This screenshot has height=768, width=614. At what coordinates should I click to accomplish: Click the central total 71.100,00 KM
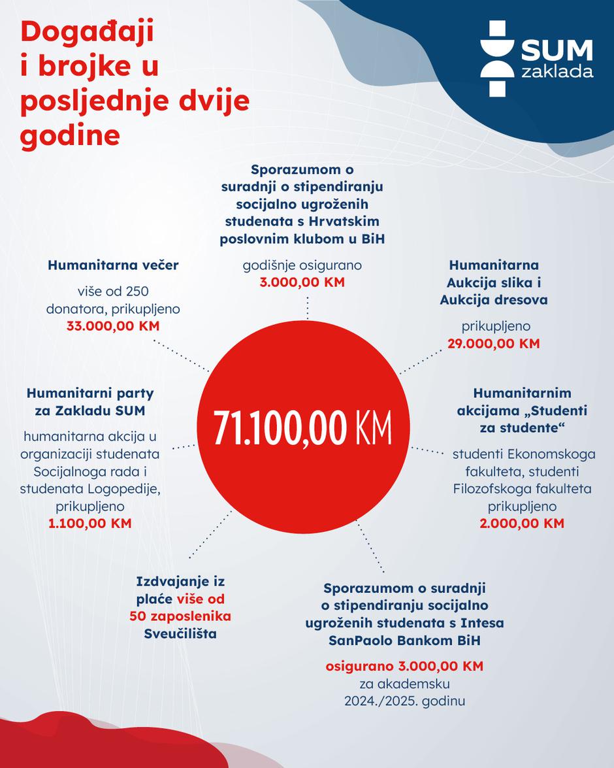pyautogui.click(x=302, y=429)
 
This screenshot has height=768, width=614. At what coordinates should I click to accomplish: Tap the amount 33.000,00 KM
pyautogui.click(x=113, y=326)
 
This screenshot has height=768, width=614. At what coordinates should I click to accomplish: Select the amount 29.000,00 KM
pyautogui.click(x=494, y=343)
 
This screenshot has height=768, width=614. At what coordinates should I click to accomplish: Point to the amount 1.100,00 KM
pyautogui.click(x=90, y=524)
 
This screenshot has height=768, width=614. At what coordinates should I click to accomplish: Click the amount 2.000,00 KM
pyautogui.click(x=521, y=524)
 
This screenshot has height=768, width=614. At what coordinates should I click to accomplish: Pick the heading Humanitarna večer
pyautogui.click(x=113, y=265)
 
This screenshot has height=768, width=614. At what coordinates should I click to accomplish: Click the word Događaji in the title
pyautogui.click(x=87, y=33)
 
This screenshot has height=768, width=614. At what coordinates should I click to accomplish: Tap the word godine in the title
pyautogui.click(x=70, y=136)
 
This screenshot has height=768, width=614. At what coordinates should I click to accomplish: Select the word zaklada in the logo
pyautogui.click(x=557, y=71)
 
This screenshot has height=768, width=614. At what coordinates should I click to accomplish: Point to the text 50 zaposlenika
pyautogui.click(x=180, y=616)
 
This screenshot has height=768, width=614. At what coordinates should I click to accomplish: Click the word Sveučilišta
pyautogui.click(x=180, y=634)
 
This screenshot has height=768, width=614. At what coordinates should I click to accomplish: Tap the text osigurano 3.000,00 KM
pyautogui.click(x=404, y=666)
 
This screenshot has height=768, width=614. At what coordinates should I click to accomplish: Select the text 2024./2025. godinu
pyautogui.click(x=404, y=701)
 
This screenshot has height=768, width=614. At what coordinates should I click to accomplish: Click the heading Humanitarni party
pyautogui.click(x=90, y=393)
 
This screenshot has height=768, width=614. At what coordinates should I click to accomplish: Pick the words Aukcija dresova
pyautogui.click(x=494, y=300)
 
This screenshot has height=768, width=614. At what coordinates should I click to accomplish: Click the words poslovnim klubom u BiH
pyautogui.click(x=302, y=239)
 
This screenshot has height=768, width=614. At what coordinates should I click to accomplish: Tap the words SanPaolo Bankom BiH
pyautogui.click(x=404, y=641)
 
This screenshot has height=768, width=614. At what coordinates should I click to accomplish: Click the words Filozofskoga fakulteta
pyautogui.click(x=522, y=489)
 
